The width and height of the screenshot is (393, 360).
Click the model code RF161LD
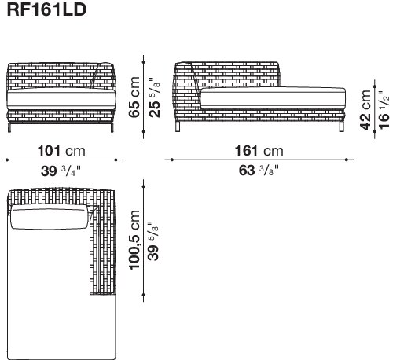click(x=46, y=9)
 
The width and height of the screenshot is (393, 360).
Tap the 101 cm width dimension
click(x=61, y=151)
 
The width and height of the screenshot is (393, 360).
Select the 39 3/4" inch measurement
click(x=61, y=171)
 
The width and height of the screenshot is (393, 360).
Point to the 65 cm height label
click(x=134, y=97)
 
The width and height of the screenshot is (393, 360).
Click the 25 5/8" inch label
click(x=154, y=97)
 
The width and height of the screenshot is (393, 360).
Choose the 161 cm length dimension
click(x=259, y=151)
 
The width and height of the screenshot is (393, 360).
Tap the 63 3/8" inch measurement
click(x=259, y=171)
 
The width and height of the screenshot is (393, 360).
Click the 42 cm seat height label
click(x=365, y=110)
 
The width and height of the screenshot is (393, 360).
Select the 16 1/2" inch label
click(x=384, y=110)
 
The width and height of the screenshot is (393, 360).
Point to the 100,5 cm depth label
click(x=134, y=240)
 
